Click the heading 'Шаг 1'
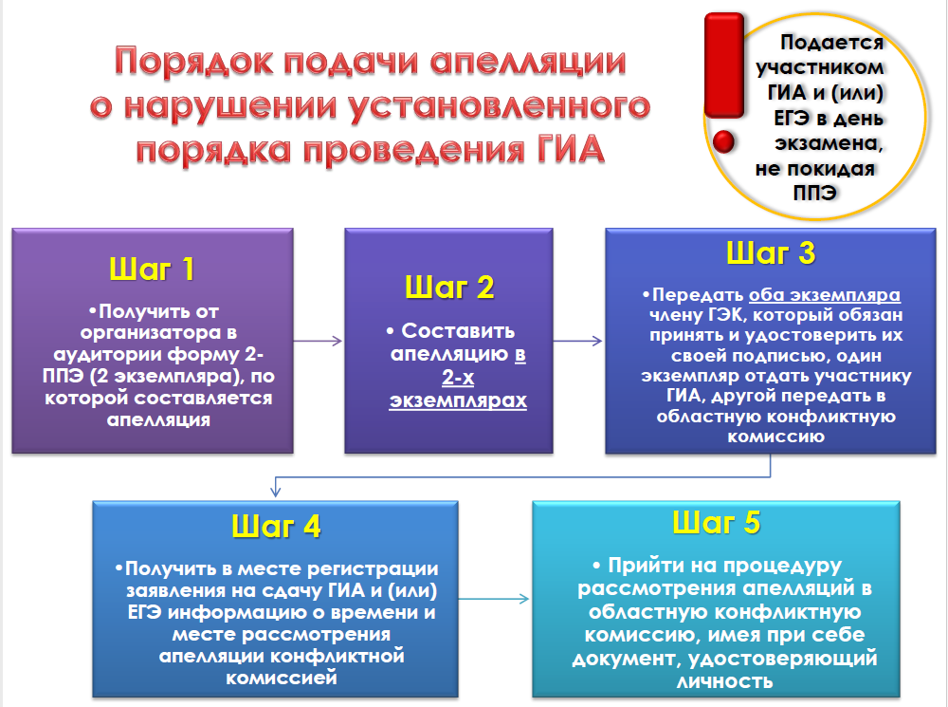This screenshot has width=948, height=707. point(152,269)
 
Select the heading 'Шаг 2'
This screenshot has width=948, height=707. point(449,287)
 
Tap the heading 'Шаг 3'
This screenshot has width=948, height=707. point(771,252)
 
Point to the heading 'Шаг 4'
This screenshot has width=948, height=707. point(276,526)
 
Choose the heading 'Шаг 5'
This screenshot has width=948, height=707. point(717,522)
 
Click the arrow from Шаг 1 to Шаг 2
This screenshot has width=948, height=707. point(318,341)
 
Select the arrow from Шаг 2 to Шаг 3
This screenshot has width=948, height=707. point(578,341)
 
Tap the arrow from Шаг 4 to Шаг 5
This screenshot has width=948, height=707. point(494,599)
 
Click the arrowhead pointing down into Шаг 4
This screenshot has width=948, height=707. point(276,488)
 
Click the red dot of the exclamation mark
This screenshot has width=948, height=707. point(723,142)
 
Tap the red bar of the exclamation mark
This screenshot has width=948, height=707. point(724,65)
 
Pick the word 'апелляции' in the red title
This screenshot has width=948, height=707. point(528,62)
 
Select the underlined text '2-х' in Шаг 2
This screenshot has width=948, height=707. point(458,377)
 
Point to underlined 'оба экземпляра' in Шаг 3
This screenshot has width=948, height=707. point(825,295)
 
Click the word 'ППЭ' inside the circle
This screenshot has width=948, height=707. point(814,193)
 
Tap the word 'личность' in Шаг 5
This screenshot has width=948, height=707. point(725,681)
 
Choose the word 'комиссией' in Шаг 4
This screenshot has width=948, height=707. point(282,678)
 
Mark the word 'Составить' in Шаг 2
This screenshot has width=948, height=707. point(458,330)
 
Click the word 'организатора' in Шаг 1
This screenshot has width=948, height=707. point(151,332)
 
